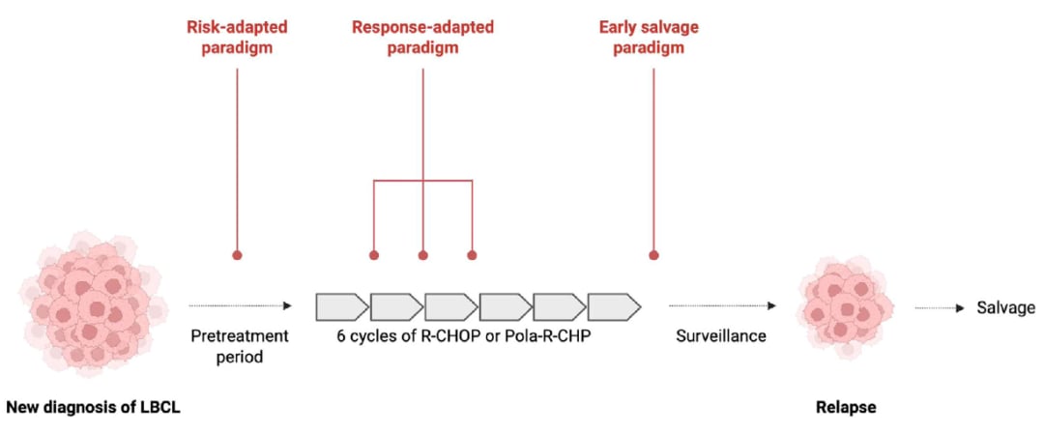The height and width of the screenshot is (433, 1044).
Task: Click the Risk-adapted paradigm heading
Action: coord(237,38)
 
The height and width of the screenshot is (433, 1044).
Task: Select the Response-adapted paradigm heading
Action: coord(422,38)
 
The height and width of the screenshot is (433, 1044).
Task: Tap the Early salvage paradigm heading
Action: coord(649,38)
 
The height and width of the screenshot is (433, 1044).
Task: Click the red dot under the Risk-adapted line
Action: coord(237,254)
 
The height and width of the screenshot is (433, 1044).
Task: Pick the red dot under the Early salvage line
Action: coord(653,254)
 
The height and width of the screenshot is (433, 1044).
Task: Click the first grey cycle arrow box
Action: coord(341,306)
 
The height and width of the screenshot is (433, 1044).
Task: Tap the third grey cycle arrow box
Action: coord(450,306)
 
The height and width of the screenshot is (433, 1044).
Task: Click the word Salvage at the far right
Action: coord(1006,307)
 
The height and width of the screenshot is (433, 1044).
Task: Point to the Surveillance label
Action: coord(721,336)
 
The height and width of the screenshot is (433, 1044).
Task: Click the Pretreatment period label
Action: coord(240,346)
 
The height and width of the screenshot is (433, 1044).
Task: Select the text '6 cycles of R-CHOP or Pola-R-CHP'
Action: coord(464,336)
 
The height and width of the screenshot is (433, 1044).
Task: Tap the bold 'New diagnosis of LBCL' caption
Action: coord(93,407)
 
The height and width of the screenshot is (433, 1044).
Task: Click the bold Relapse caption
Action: coord(846,407)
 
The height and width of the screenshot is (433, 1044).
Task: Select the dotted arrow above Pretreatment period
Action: coord(241,305)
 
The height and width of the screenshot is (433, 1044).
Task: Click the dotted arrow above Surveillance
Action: coord(722,305)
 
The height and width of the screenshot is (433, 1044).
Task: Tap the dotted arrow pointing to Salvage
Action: coord(941,307)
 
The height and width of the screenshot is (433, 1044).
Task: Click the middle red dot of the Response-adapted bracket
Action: coord(422,254)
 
